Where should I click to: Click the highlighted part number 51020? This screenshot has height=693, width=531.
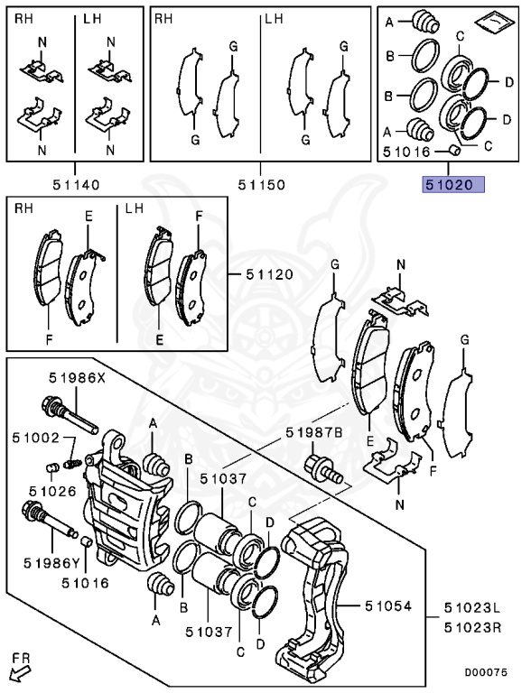tap(449, 185)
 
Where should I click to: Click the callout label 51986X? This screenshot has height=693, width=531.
tap(76, 379)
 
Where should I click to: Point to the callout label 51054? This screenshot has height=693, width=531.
tap(389, 606)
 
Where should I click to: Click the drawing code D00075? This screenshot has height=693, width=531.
tap(492, 671)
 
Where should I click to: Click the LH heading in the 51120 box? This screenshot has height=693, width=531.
tap(135, 208)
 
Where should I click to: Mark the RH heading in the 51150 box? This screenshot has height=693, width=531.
tap(163, 18)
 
